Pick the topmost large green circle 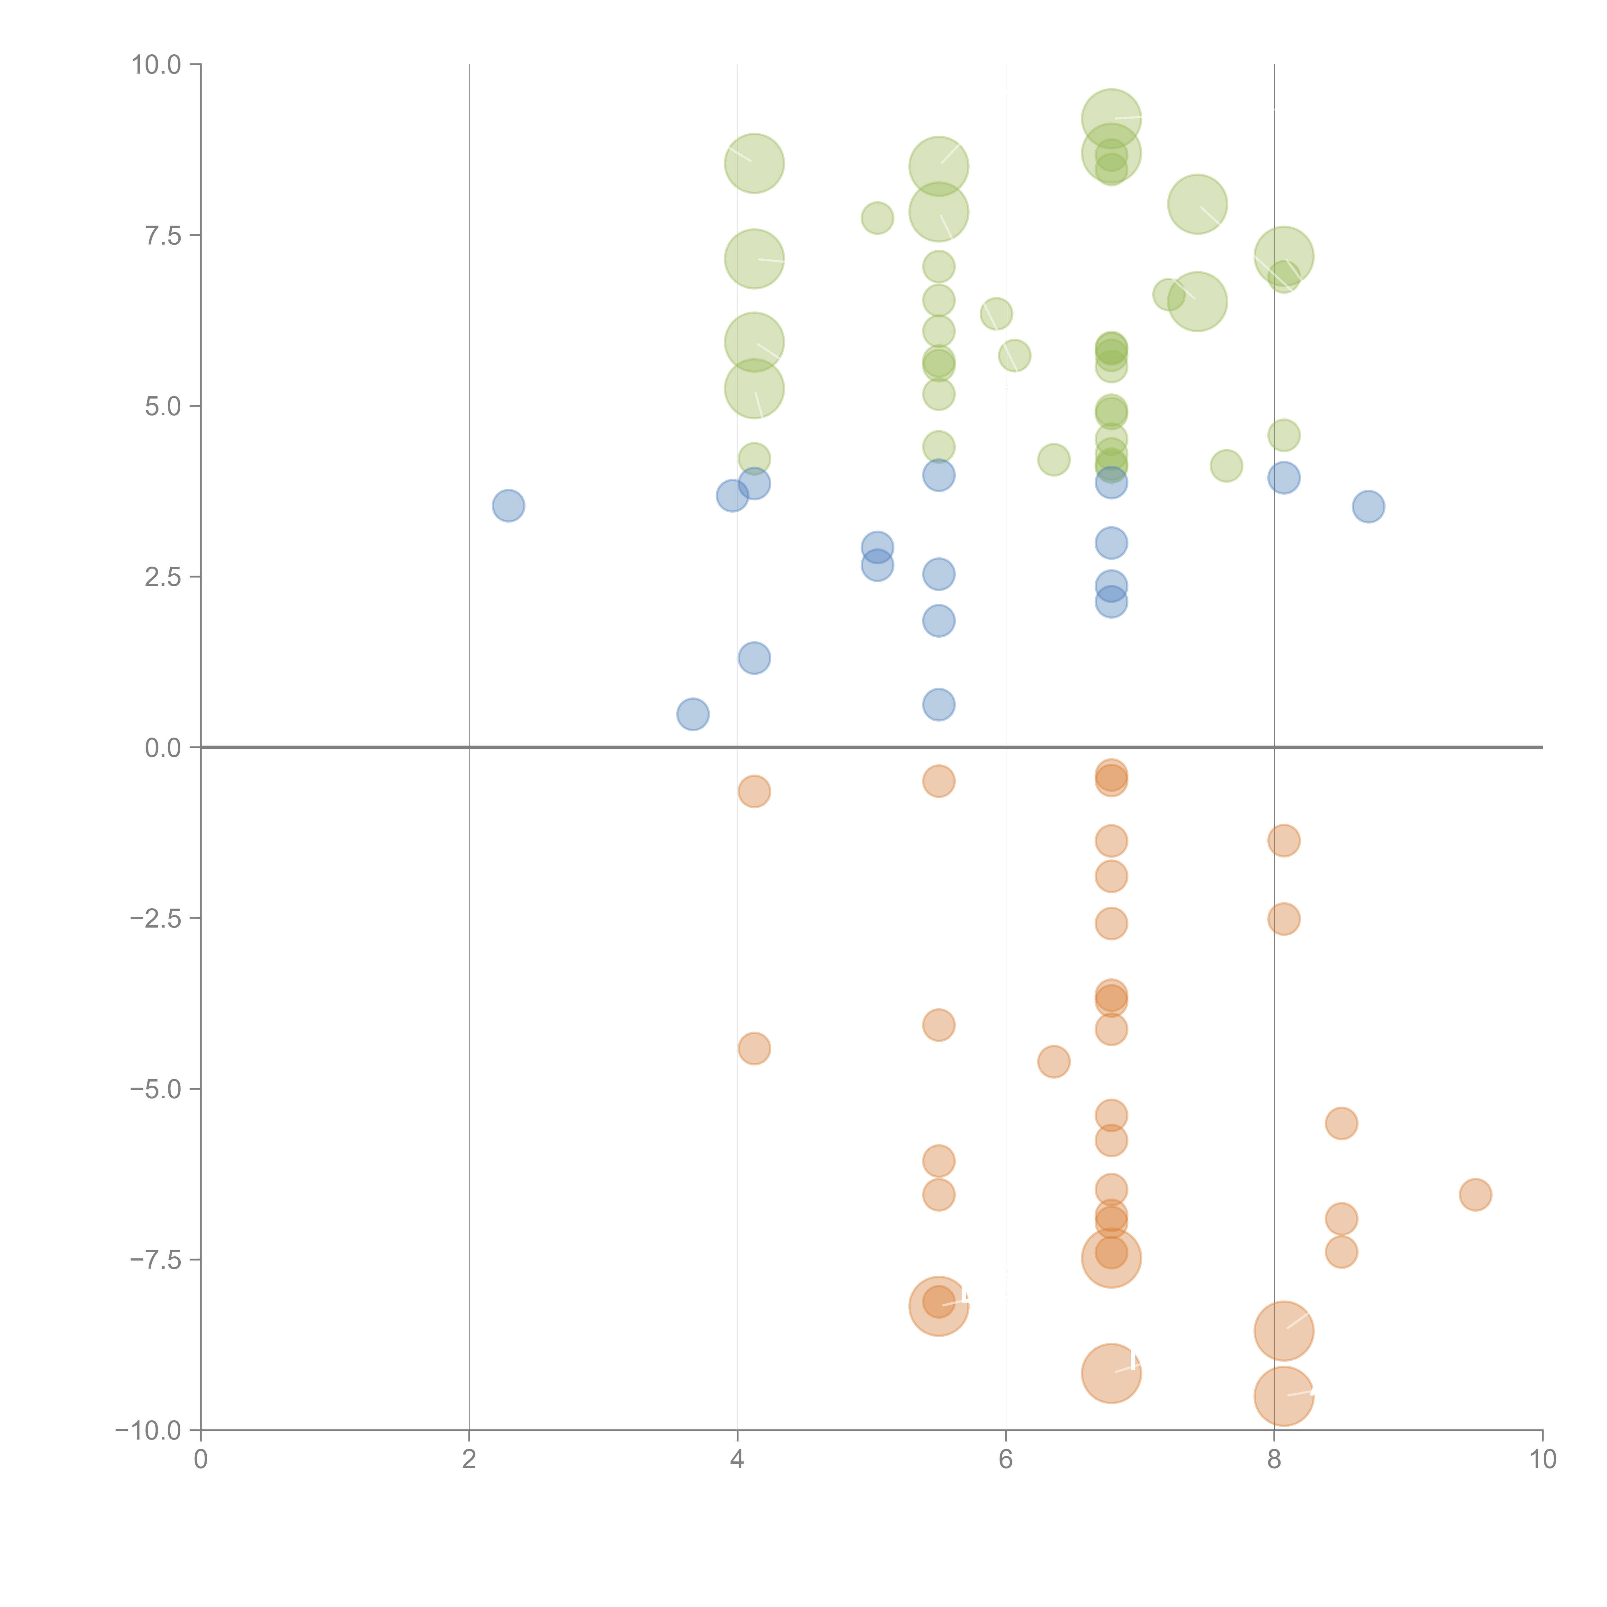pos(1111,119)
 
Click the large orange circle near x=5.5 pos(938,1306)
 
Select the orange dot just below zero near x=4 pos(754,791)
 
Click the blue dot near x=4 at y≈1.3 pos(754,658)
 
